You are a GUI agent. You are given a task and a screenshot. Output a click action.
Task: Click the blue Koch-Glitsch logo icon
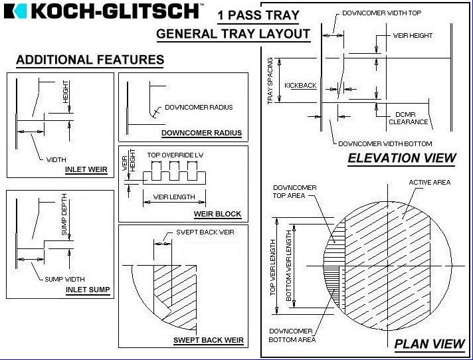click(15, 11)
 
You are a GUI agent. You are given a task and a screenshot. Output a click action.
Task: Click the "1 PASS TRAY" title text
click(258, 15)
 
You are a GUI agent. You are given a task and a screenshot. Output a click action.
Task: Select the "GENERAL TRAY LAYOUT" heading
click(233, 33)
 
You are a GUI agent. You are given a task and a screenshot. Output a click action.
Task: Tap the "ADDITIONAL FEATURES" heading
click(90, 59)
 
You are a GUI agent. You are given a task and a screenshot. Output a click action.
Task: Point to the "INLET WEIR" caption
click(86, 169)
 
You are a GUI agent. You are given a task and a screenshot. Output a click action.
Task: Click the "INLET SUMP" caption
click(88, 290)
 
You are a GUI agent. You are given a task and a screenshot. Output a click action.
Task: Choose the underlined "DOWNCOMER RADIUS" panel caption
click(201, 133)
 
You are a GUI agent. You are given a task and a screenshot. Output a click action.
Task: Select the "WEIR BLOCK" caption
click(217, 214)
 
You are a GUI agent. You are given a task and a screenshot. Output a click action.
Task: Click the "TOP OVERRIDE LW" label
click(175, 155)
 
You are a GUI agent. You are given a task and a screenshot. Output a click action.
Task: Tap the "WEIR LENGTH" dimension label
click(174, 197)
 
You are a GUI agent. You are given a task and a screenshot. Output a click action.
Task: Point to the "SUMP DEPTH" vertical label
click(64, 215)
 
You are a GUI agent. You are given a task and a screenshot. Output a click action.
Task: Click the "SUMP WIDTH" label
click(64, 279)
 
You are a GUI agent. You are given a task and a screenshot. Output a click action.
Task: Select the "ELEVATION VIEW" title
click(402, 158)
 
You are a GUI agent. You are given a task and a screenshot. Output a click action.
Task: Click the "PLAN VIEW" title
click(429, 344)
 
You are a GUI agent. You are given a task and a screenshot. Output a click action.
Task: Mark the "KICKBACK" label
click(300, 85)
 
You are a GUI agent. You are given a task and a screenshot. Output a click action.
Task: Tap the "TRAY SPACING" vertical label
click(270, 81)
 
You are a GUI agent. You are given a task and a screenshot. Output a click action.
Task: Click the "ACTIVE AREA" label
click(430, 182)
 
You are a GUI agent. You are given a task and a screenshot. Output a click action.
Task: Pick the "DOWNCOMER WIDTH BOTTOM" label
click(385, 144)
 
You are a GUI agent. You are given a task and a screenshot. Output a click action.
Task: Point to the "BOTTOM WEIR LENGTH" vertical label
click(289, 266)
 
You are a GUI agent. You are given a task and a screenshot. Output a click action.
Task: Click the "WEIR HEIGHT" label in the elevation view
click(413, 36)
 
